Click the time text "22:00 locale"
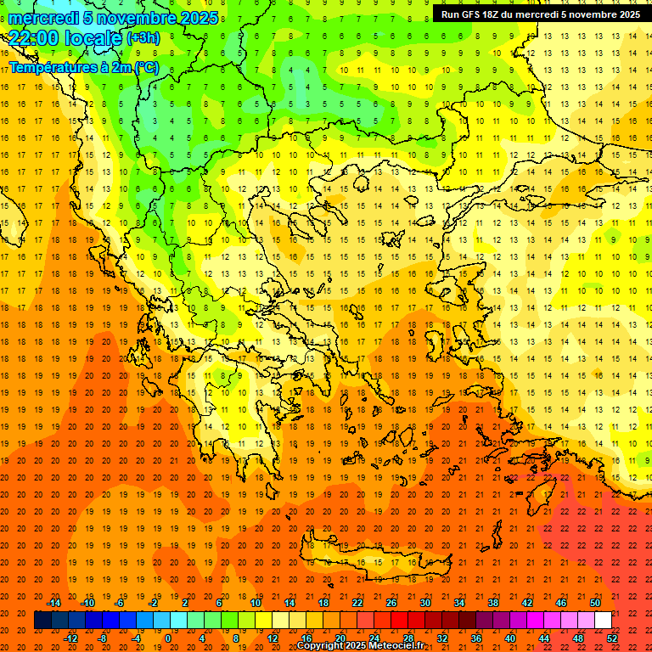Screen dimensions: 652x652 pos(65,38)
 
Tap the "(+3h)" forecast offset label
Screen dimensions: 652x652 pos(143,38)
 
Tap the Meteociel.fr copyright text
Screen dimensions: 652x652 pos(360,646)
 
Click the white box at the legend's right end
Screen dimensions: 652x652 pos(603,621)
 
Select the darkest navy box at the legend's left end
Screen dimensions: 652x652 pos(42,621)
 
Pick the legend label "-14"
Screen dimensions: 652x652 pos(53,603)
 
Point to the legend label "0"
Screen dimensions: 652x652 pos(168,638)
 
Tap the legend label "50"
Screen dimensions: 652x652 pos(594,603)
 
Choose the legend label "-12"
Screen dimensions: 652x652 pos(70,638)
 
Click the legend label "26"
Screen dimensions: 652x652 pos(391,603)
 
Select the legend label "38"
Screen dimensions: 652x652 pos(492,603)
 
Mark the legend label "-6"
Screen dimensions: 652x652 pos(120,603)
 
